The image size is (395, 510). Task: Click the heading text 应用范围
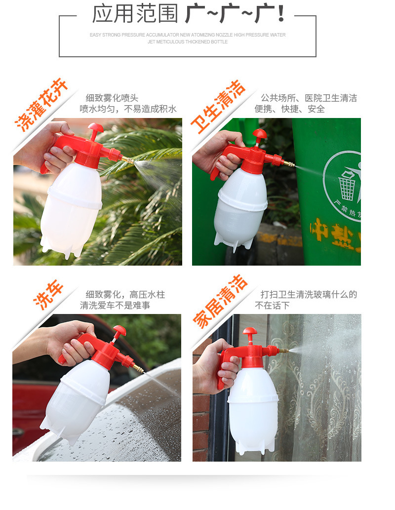coord(135,14)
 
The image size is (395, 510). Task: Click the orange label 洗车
coord(49,295)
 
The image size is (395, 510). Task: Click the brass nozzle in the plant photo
coord(128,159)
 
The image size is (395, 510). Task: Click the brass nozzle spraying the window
coord(283,351)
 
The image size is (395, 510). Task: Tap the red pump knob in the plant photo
coord(95,128)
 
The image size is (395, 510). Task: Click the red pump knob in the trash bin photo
coord(259,133)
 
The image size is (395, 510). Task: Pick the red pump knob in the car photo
coord(119,330)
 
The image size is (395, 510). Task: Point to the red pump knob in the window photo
coord(250,331)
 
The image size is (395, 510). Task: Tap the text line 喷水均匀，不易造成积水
coord(128,109)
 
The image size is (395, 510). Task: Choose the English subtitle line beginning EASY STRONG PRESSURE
coord(188,35)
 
